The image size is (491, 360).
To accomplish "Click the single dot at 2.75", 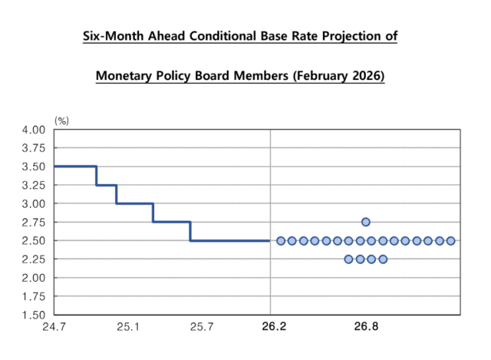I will (366, 222).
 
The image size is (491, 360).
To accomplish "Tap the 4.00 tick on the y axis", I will (35, 130).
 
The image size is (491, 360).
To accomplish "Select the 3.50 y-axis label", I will (35, 167).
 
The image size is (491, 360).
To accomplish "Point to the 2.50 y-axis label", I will (35, 240).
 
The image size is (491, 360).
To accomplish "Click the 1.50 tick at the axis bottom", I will (35, 314).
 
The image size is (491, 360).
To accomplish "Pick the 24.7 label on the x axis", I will (54, 327).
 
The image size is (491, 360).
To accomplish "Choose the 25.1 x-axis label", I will (127, 327).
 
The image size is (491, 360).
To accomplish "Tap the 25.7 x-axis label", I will (201, 327).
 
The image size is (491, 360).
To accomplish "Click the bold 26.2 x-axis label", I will (274, 327).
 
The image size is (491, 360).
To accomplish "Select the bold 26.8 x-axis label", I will (366, 327).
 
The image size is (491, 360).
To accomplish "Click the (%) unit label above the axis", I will (61, 121).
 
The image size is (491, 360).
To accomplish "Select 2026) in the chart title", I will (364, 77).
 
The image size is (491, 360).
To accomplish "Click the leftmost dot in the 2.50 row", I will (281, 240).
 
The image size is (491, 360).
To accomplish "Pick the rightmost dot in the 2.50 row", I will (451, 240).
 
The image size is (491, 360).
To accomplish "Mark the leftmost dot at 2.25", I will (348, 259).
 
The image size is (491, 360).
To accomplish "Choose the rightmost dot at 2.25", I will (383, 259).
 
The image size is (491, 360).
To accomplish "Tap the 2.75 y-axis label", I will (35, 222).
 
